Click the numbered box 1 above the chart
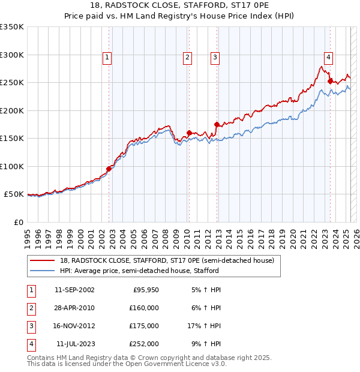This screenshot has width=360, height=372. tap(107, 58)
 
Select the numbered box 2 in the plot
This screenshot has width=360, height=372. tap(187, 58)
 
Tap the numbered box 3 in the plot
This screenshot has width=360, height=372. tap(214, 58)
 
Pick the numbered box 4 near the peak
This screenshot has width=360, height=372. tap(329, 58)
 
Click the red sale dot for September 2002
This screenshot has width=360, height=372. tap(109, 169)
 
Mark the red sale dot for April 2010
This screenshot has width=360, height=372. tap(189, 133)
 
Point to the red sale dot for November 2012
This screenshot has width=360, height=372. tap(217, 125)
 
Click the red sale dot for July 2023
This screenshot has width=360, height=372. tap(330, 80)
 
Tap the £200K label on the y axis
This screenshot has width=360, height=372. tap(12, 110)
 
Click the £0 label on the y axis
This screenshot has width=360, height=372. tap(18, 222)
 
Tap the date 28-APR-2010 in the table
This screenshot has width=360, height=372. tap(74, 308)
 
